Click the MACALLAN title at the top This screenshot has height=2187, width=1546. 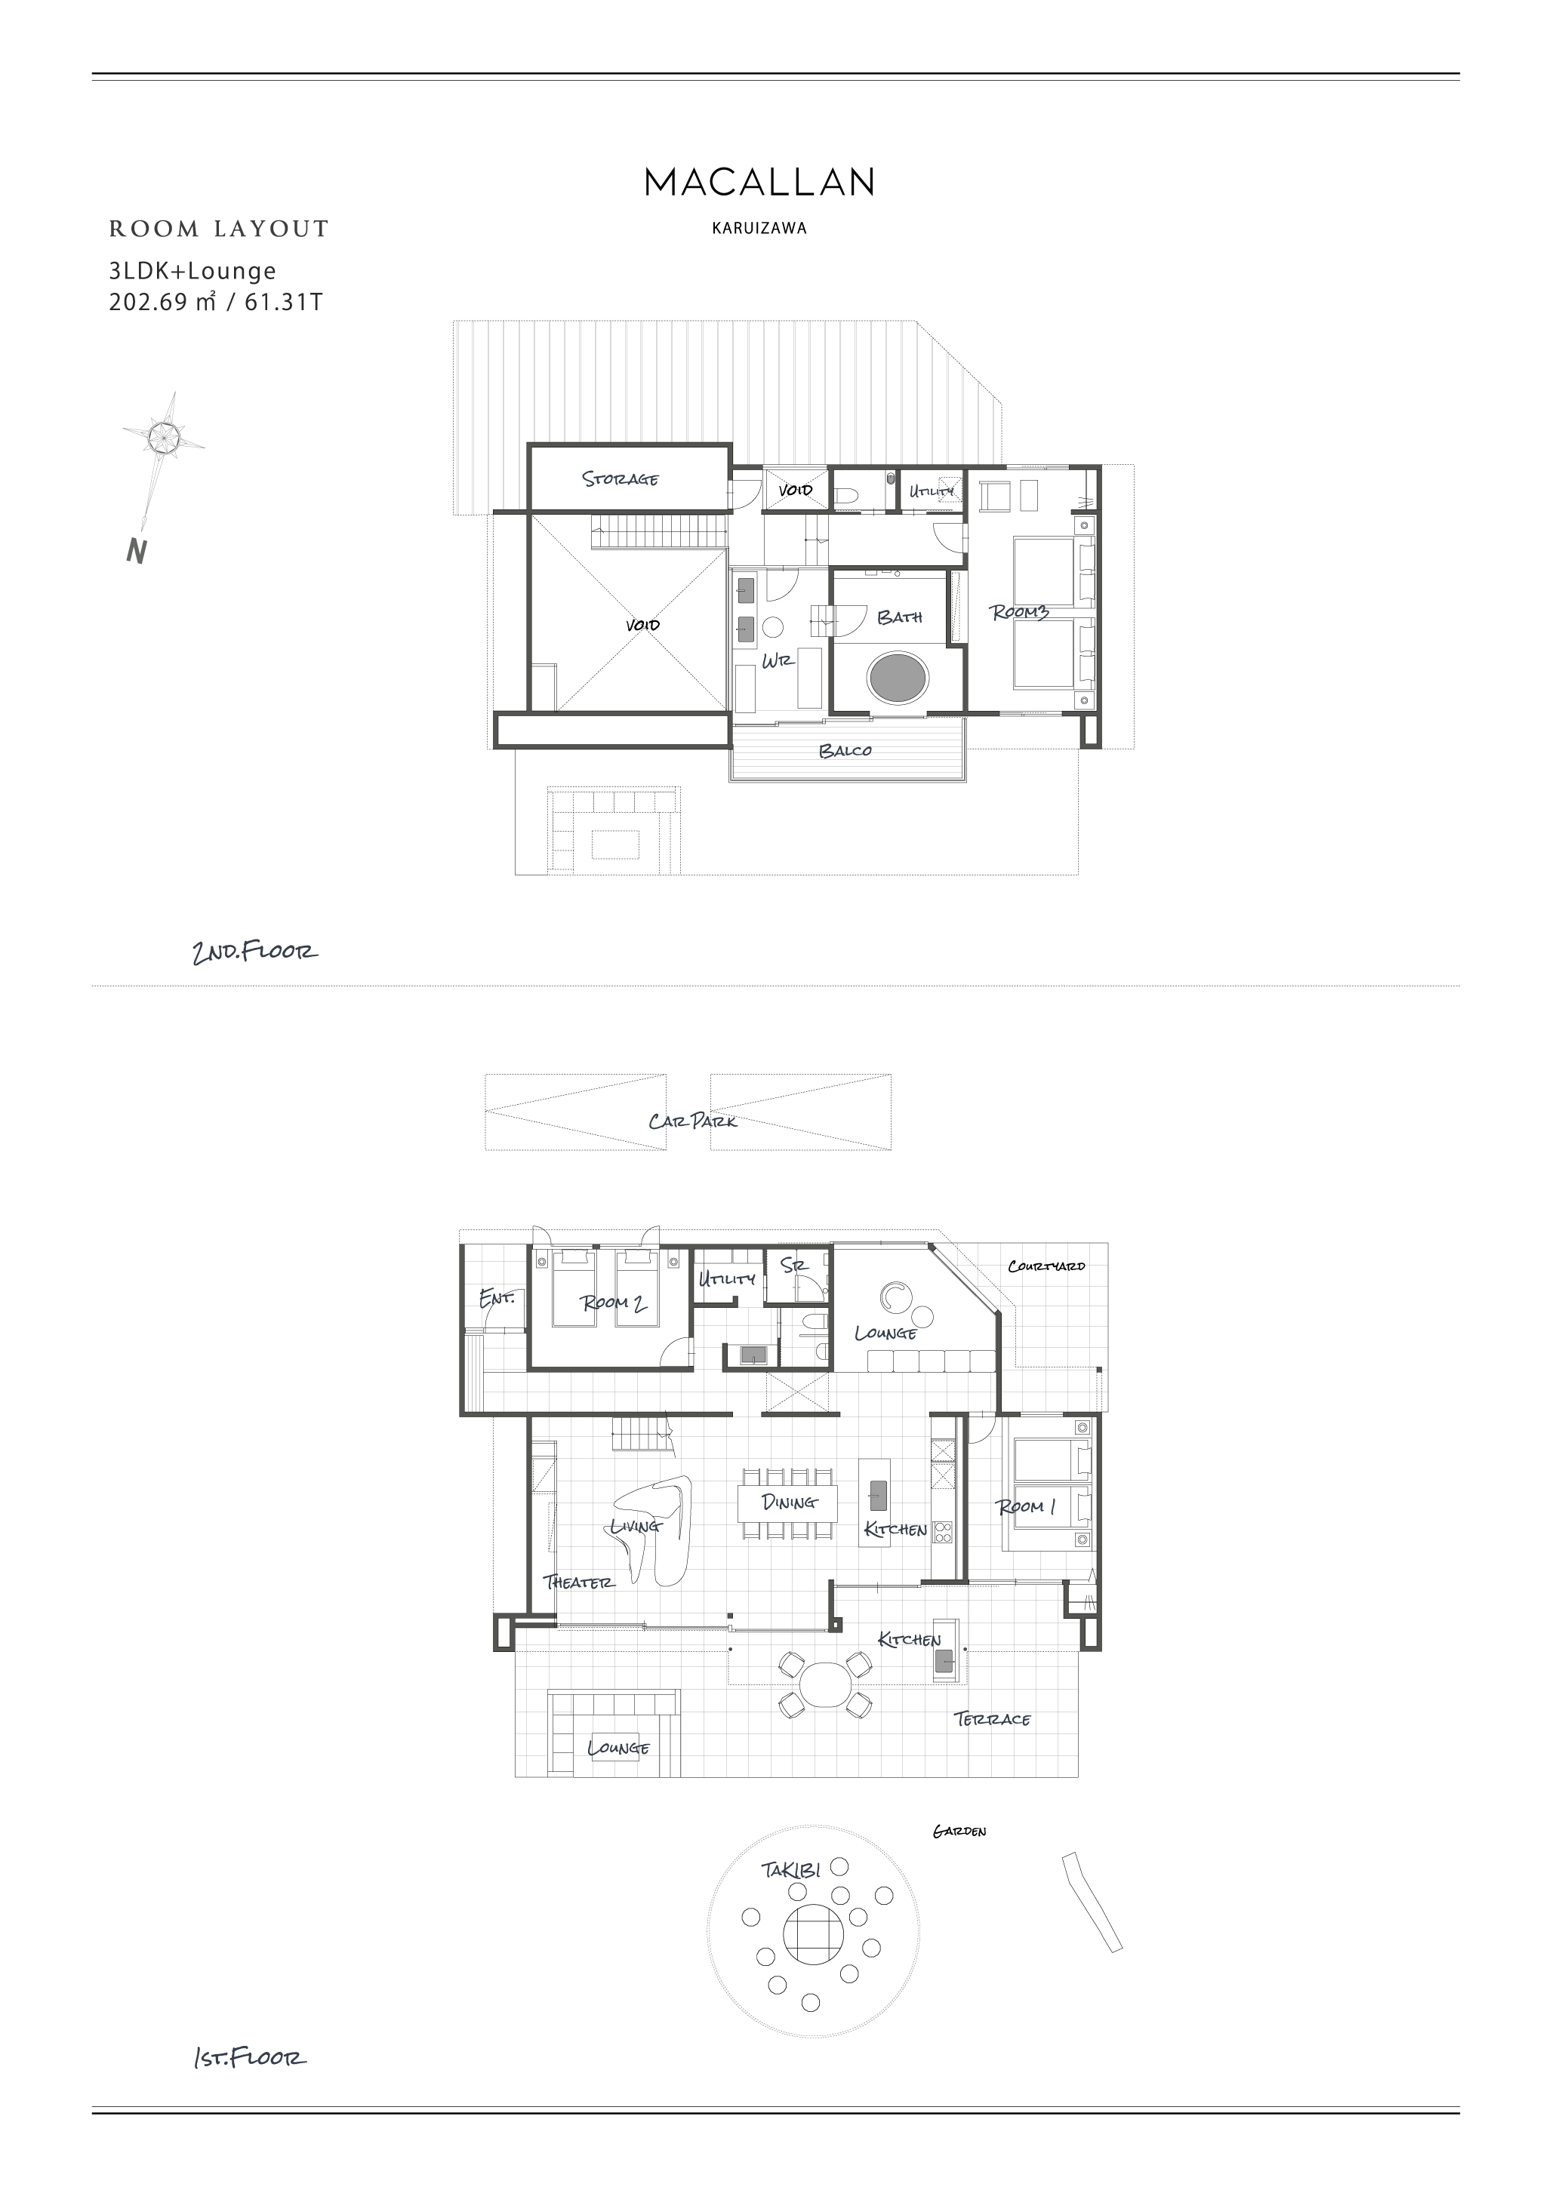(x=759, y=182)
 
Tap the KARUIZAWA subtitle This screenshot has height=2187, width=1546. (x=759, y=229)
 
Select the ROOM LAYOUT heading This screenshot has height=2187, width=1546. (x=219, y=229)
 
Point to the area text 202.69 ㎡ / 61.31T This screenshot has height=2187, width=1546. (x=216, y=303)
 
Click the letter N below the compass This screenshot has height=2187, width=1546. (x=136, y=552)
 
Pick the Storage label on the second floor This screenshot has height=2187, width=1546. (x=620, y=478)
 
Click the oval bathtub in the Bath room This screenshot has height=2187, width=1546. (x=896, y=678)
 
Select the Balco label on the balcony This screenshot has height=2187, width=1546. (x=845, y=751)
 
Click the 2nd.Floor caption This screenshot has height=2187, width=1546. (x=255, y=951)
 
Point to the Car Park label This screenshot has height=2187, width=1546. (x=692, y=1121)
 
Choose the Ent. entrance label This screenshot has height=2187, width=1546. (x=497, y=1297)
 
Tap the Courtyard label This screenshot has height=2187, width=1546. (x=1046, y=1267)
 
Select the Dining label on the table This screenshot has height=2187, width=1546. (x=789, y=1502)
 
